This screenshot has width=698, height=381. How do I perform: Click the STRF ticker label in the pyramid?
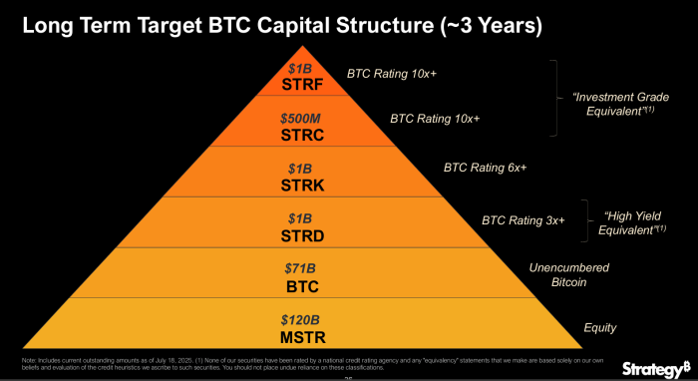pos(299,84)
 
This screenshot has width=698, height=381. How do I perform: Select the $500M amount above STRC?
pos(299,117)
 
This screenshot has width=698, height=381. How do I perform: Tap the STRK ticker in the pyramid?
pos(299,185)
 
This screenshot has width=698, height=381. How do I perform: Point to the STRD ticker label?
pos(299,235)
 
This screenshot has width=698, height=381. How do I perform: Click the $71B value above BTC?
pos(299,269)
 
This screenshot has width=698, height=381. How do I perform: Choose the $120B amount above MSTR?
pos(299,319)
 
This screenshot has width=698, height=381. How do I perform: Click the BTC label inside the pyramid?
pos(299,285)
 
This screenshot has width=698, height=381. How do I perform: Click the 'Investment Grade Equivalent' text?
pos(619,104)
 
